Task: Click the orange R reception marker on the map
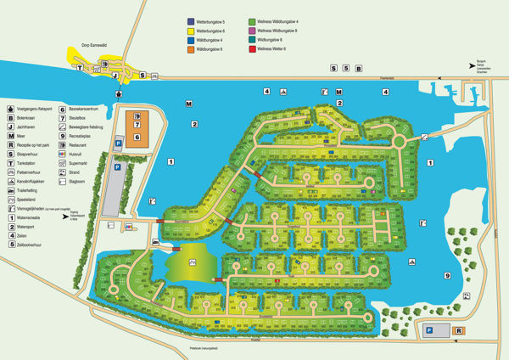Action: [459, 330]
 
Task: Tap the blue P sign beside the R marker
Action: [429, 330]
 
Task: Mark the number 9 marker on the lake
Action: [445, 275]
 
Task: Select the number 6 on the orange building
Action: [137, 137]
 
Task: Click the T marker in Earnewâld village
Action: [80, 67]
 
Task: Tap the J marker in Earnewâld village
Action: [115, 75]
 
